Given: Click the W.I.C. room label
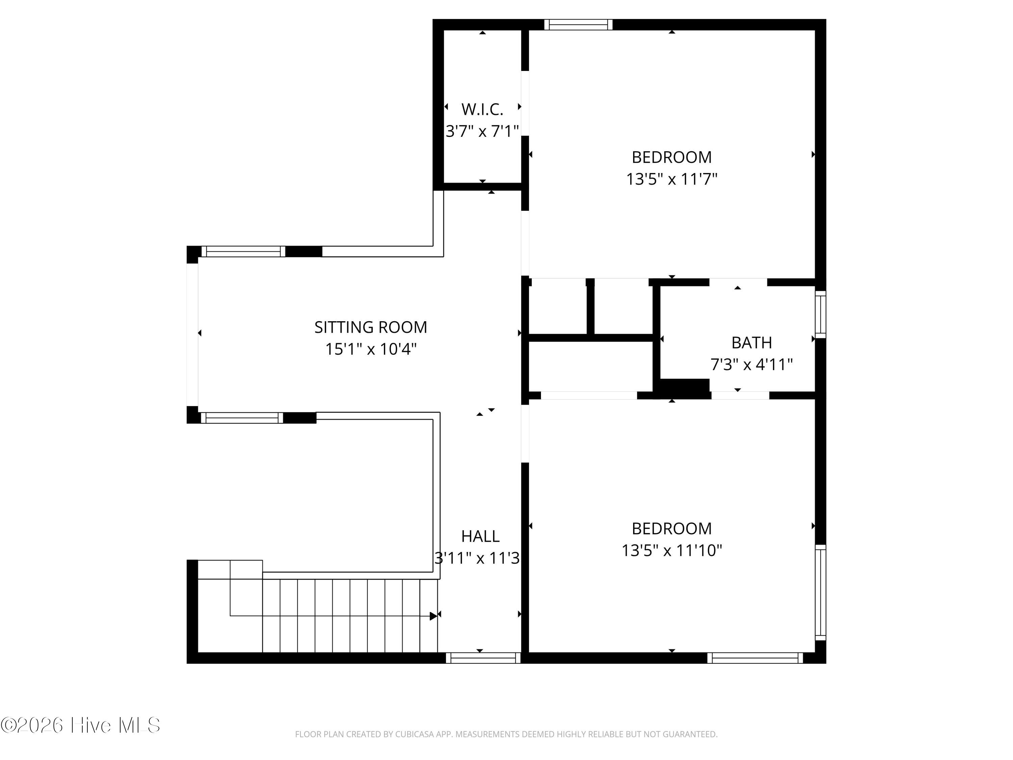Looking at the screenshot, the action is (x=482, y=109).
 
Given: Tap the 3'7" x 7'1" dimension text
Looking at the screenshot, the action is (x=482, y=131).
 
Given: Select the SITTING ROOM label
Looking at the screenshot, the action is (x=370, y=327).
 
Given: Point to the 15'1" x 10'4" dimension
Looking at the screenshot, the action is (x=370, y=349).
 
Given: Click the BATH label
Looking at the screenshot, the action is (x=752, y=343).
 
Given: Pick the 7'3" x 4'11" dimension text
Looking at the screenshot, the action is (x=752, y=365).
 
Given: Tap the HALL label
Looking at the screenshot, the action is (x=480, y=536).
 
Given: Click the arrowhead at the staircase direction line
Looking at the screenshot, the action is (x=433, y=616).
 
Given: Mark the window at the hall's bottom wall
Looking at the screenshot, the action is (x=483, y=658).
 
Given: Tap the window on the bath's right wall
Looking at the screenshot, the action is (x=821, y=314).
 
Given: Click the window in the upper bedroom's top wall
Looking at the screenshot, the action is (x=578, y=25).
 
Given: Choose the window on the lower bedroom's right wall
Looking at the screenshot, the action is (x=821, y=592).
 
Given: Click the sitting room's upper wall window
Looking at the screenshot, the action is (x=243, y=252).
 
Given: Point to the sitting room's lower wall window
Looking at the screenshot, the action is (x=242, y=418).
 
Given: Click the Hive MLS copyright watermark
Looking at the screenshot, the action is (x=81, y=725).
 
